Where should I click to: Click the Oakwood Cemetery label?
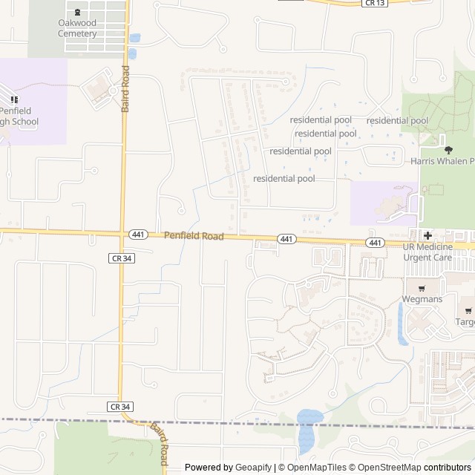pyautogui.click(x=77, y=28)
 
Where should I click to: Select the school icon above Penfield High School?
pyautogui.click(x=13, y=99)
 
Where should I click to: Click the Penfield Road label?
pyautogui.click(x=194, y=236)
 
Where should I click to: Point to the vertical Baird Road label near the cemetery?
pyautogui.click(x=125, y=89)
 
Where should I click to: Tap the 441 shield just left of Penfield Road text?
pyautogui.click(x=138, y=235)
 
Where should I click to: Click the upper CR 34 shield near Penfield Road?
pyautogui.click(x=120, y=258)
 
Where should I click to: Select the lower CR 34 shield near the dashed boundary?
pyautogui.click(x=120, y=407)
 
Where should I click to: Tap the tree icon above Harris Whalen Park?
pyautogui.click(x=448, y=149)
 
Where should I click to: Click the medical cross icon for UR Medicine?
pyautogui.click(x=428, y=235)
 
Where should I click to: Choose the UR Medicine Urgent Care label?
pyautogui.click(x=427, y=252)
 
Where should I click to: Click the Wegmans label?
pyautogui.click(x=422, y=299)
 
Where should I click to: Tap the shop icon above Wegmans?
pyautogui.click(x=422, y=288)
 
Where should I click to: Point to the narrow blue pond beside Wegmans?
pyautogui.click(x=402, y=324)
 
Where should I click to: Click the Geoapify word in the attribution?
pyautogui.click(x=253, y=468)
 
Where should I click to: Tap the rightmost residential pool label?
pyautogui.click(x=397, y=120)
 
